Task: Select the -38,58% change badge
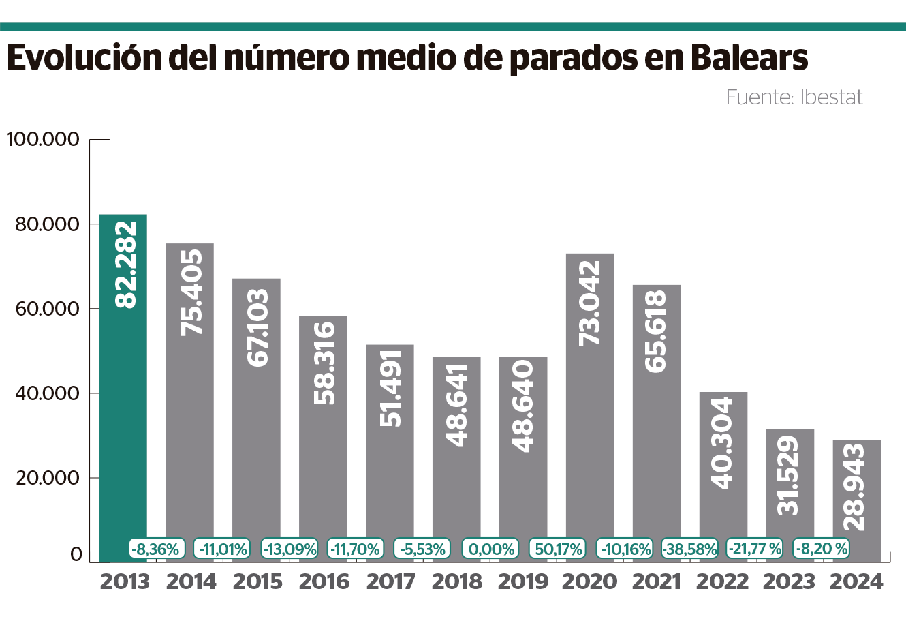tap(690, 549)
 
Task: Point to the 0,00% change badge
tap(490, 549)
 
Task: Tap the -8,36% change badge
tap(156, 549)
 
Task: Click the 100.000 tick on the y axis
tap(43, 140)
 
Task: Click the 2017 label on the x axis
tap(390, 582)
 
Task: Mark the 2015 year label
tap(257, 582)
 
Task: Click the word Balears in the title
tap(749, 59)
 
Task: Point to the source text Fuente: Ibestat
tap(794, 97)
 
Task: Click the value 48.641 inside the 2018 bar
tap(456, 405)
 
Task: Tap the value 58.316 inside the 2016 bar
tap(324, 363)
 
